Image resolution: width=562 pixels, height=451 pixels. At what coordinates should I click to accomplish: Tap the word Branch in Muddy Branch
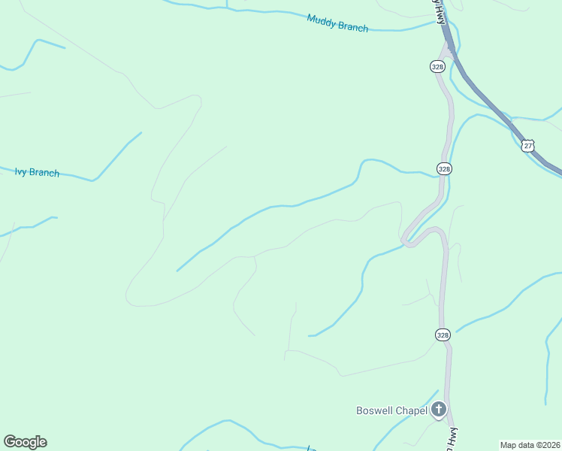[x=353, y=27]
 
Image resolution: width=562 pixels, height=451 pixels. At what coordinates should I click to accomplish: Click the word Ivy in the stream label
[x=20, y=171]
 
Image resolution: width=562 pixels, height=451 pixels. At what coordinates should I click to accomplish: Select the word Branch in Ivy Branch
[x=44, y=173]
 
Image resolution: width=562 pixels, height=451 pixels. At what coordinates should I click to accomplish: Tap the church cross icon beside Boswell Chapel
[x=438, y=410]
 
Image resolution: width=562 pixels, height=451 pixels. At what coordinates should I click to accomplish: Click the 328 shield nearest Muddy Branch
[x=438, y=67]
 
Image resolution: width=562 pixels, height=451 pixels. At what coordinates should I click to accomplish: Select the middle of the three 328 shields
[x=444, y=169]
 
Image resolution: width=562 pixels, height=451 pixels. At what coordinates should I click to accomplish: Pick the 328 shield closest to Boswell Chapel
[x=443, y=334]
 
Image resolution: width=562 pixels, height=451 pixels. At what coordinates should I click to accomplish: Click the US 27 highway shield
[x=529, y=146]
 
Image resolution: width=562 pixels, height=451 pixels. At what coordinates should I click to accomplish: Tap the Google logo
[x=25, y=442]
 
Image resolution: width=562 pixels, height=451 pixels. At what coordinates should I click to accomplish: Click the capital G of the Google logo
[x=10, y=441]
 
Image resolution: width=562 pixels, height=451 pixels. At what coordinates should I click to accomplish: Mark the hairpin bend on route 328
[x=407, y=241]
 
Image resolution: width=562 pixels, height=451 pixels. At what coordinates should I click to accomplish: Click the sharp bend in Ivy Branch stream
[x=93, y=180]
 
